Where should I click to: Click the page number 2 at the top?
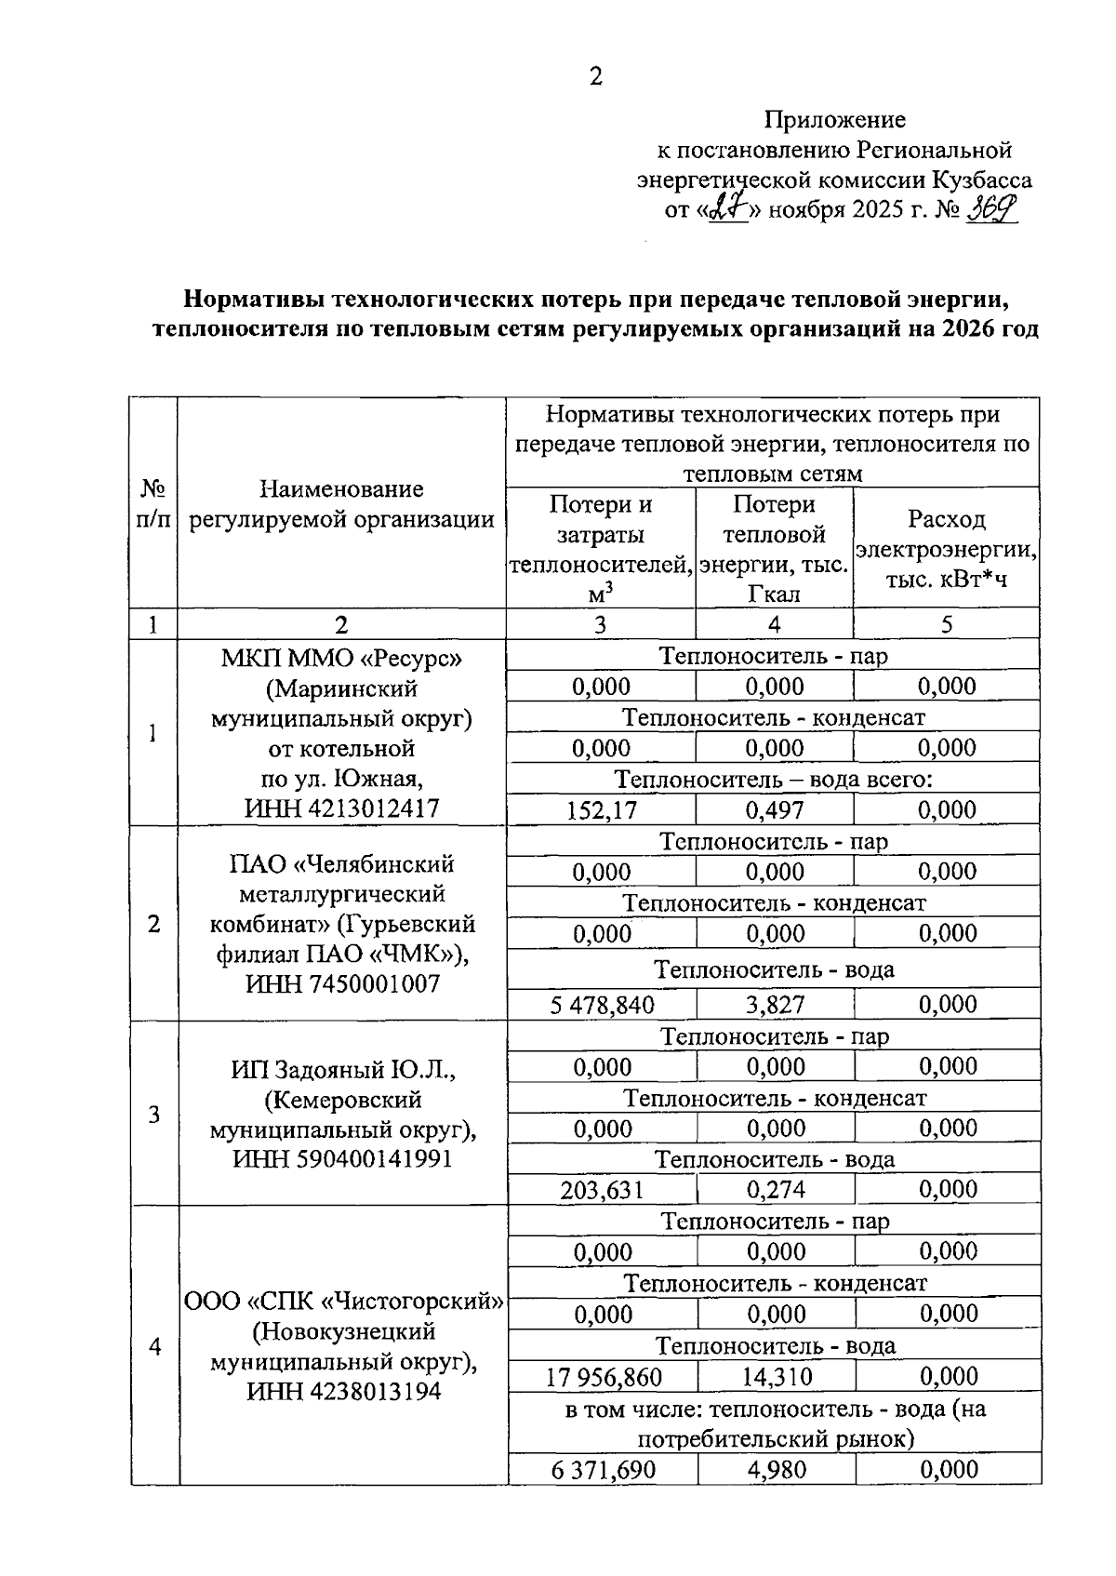pos(596,77)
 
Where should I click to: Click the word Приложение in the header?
pos(834,119)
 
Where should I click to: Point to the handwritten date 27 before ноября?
pos(728,209)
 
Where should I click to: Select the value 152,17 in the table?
pos(602,810)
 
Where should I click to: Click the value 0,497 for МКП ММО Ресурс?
pos(774,810)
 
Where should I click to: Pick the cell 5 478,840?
pos(602,1005)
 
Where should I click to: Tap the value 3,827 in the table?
pos(774,1005)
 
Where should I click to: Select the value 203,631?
pos(602,1190)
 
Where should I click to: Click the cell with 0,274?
pos(776,1190)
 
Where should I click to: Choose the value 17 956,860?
pos(604,1377)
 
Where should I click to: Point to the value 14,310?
pos(777,1377)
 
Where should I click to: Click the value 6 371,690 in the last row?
pos(604,1470)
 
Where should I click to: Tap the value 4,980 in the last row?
pos(777,1470)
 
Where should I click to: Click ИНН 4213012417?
pos(341,808)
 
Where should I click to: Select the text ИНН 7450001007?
pos(341,983)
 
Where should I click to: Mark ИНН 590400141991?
pos(341,1159)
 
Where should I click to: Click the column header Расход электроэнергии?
pos(946,549)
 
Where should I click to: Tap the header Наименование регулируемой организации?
pos(341,504)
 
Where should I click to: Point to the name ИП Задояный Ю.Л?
pos(341,1070)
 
